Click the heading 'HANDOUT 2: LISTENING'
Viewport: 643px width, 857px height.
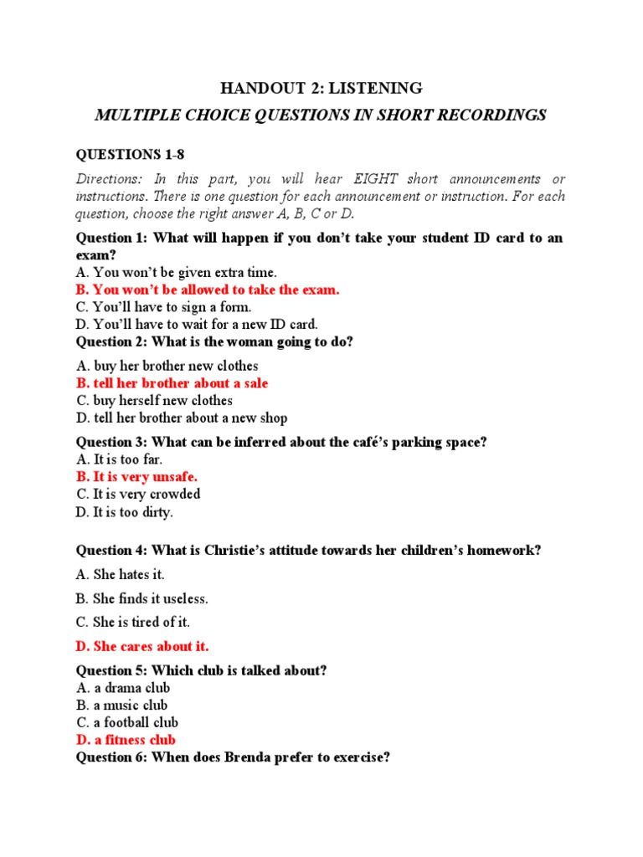(x=321, y=88)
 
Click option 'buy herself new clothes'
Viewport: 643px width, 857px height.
(x=154, y=401)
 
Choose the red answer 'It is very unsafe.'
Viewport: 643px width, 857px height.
(x=137, y=477)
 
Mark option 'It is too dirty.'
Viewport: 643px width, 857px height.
(x=125, y=511)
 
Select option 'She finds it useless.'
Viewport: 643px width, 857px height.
(x=141, y=598)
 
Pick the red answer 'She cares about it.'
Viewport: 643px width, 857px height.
(x=142, y=646)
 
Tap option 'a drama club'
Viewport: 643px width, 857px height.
(x=123, y=688)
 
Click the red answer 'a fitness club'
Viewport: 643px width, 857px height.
(x=126, y=740)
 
